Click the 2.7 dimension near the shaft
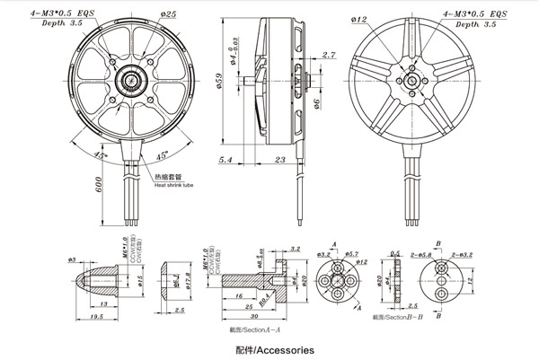[x=304, y=56]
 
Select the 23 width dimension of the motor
[x=279, y=159]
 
